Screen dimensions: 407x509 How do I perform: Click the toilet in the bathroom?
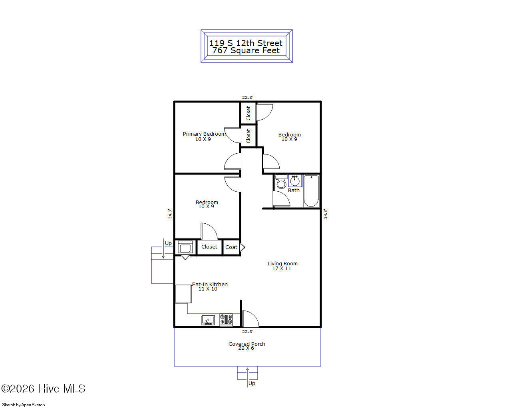pyautogui.click(x=281, y=182)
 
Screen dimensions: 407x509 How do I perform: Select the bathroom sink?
pyautogui.click(x=295, y=181)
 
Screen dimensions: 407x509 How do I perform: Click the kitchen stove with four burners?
pyautogui.click(x=226, y=319)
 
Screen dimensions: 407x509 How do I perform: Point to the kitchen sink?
pyautogui.click(x=208, y=320)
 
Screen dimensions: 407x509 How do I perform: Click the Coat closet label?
pyautogui.click(x=231, y=247)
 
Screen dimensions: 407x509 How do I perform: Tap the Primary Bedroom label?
pyautogui.click(x=204, y=134)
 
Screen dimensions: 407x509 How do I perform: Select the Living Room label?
pyautogui.click(x=282, y=264)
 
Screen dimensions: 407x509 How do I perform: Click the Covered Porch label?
pyautogui.click(x=247, y=344)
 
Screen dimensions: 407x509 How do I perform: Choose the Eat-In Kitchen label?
pyautogui.click(x=210, y=285)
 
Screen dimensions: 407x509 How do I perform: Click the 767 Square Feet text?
pyautogui.click(x=246, y=51)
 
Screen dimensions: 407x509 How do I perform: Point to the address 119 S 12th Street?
pyautogui.click(x=246, y=43)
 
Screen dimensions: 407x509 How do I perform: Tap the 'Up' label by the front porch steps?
pyautogui.click(x=252, y=383)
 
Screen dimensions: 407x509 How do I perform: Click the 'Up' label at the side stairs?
pyautogui.click(x=168, y=243)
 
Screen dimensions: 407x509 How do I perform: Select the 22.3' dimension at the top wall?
pyautogui.click(x=247, y=97)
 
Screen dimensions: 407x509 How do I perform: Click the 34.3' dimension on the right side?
pyautogui.click(x=325, y=214)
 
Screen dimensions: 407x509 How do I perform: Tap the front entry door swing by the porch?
pyautogui.click(x=251, y=319)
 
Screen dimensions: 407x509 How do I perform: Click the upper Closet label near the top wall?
pyautogui.click(x=248, y=113)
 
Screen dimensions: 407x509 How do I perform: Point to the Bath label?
pyautogui.click(x=294, y=190)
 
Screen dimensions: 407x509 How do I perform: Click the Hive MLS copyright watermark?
pyautogui.click(x=44, y=389)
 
